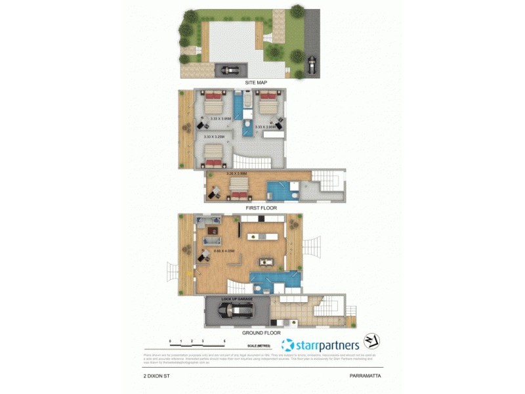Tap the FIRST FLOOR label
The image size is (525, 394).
click(x=261, y=208)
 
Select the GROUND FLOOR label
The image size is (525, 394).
click(x=261, y=332)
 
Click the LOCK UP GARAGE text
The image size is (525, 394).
click(x=236, y=300)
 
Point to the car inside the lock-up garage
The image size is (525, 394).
click(x=236, y=311)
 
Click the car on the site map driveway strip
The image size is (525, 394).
click(x=311, y=64)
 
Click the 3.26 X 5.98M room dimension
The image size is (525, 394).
click(x=236, y=173)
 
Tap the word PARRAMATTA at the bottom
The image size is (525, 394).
click(x=366, y=377)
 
